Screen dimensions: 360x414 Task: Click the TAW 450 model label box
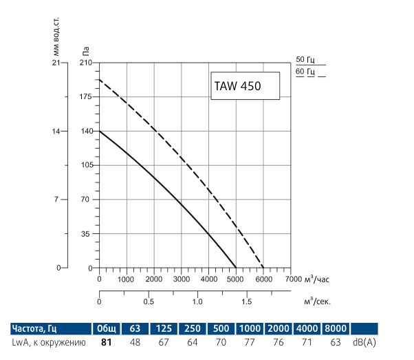(x=245, y=87)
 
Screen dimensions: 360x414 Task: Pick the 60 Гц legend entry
(x=305, y=72)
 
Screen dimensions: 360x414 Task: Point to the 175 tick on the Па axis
(x=85, y=97)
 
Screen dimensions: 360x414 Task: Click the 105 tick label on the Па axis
(x=85, y=165)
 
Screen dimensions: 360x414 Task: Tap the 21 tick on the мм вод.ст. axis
(x=56, y=63)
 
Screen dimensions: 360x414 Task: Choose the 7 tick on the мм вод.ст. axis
(x=58, y=199)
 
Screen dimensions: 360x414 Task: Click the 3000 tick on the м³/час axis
(x=181, y=279)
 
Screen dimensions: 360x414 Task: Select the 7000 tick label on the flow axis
(x=291, y=279)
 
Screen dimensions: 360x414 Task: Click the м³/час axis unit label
(x=317, y=279)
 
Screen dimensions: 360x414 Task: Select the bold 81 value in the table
(x=107, y=341)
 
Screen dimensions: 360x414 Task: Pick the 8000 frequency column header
(x=336, y=328)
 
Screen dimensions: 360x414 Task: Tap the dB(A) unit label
(x=365, y=341)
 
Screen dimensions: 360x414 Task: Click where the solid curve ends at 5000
(x=236, y=268)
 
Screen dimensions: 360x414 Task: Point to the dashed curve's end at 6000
(x=263, y=268)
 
